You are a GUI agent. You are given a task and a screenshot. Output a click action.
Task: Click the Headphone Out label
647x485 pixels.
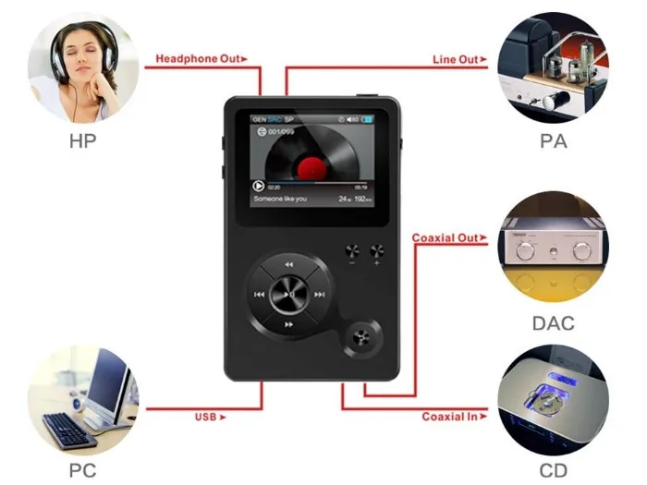(200, 58)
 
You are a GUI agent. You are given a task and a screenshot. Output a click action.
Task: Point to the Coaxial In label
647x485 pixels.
(450, 417)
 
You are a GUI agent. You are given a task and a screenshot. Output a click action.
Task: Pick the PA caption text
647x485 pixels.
(554, 143)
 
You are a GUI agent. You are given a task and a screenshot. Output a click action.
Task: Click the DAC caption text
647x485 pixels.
(554, 323)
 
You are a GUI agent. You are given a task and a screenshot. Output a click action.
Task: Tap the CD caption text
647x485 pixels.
(554, 470)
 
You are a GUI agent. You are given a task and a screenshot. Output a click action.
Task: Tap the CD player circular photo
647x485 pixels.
(553, 399)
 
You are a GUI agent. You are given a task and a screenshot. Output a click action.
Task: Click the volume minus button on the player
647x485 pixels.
(352, 251)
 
